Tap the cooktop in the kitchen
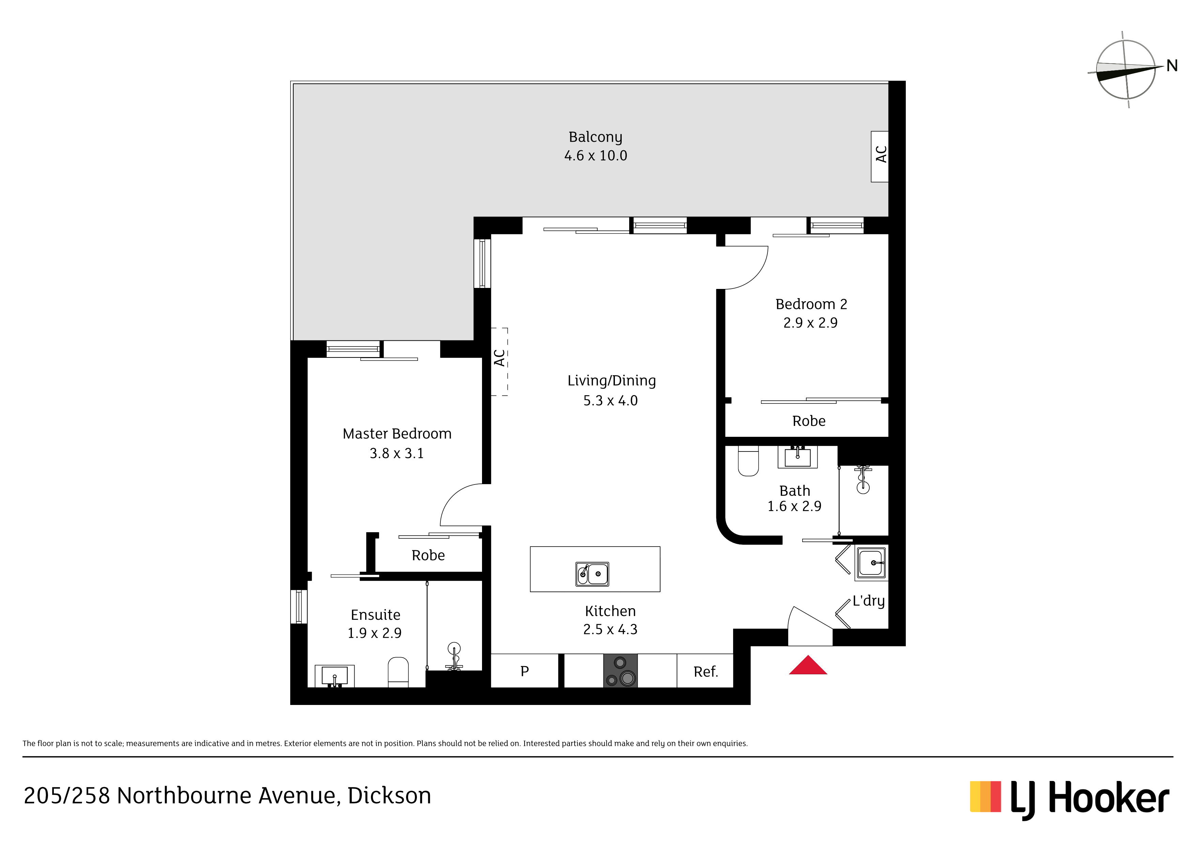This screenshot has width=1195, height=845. [620, 671]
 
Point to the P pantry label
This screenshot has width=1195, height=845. [525, 672]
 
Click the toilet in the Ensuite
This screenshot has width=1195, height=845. [398, 672]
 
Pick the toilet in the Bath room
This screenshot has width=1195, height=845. [748, 461]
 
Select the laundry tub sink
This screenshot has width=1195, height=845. [871, 563]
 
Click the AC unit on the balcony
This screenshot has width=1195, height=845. [880, 156]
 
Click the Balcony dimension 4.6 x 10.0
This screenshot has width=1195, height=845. [595, 156]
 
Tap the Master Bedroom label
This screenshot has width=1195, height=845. [397, 434]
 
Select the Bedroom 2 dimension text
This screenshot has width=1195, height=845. [810, 323]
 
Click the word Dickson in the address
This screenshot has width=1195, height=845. [389, 796]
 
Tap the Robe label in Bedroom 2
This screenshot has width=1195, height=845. [809, 421]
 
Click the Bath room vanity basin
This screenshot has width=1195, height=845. [797, 457]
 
